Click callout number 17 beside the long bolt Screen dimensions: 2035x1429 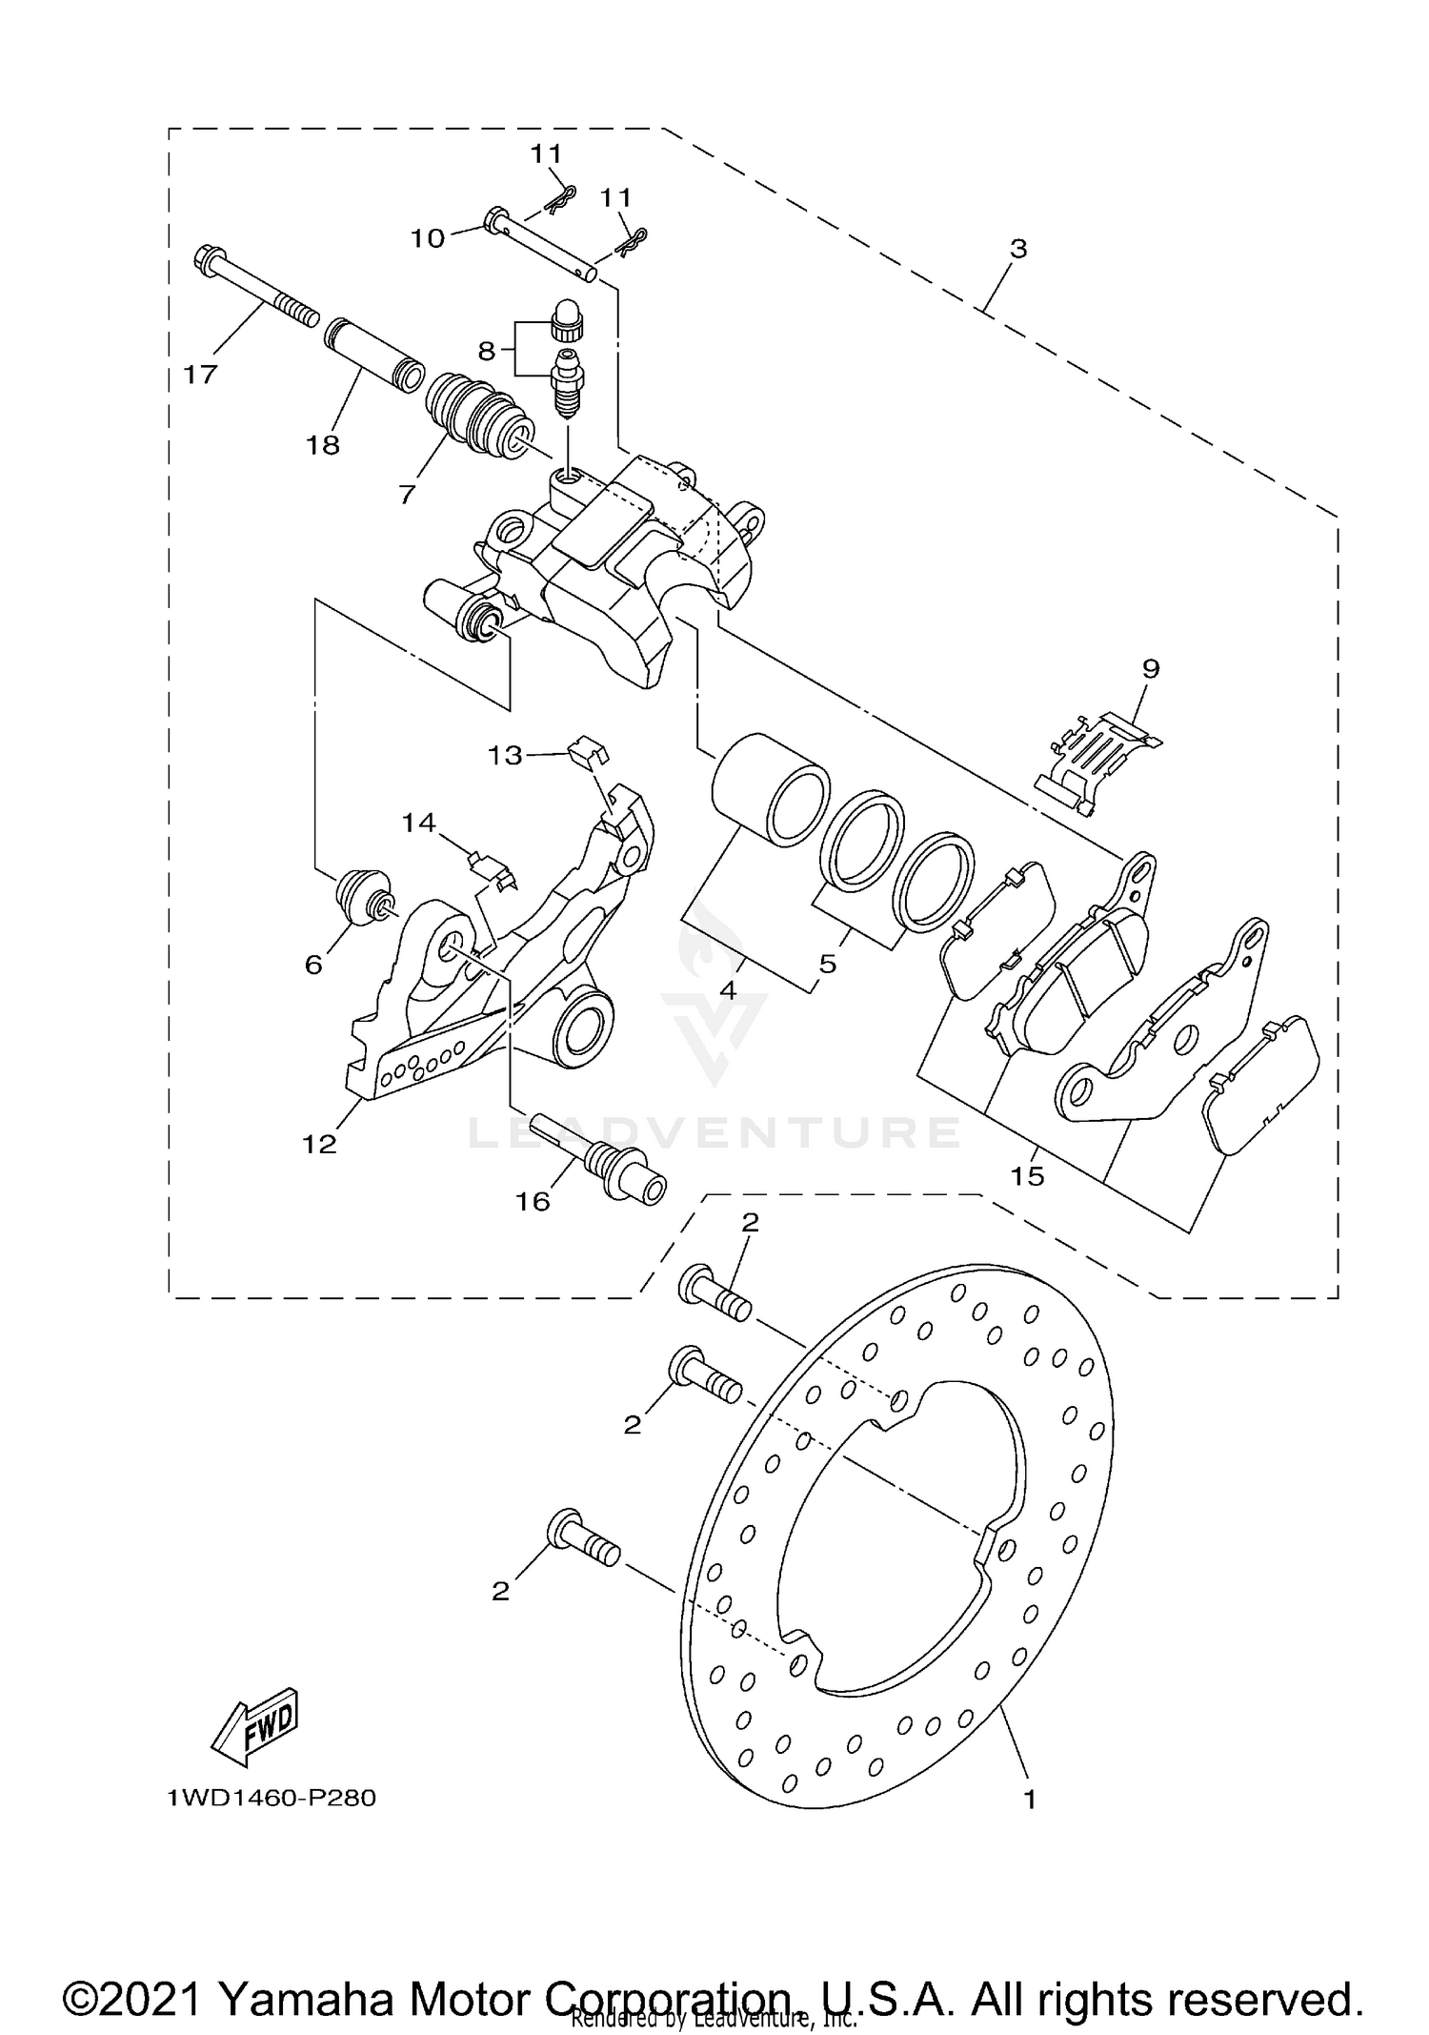pos(201,375)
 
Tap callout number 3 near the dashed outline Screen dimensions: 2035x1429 pos(1018,249)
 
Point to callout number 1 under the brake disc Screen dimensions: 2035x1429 pos(1029,1800)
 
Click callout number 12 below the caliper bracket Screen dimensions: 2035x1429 pos(320,1144)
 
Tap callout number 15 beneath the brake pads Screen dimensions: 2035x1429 pos(1028,1175)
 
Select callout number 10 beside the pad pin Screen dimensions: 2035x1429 pos(428,237)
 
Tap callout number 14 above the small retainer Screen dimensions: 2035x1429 pos(418,822)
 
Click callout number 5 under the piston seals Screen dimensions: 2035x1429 pos(827,964)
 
